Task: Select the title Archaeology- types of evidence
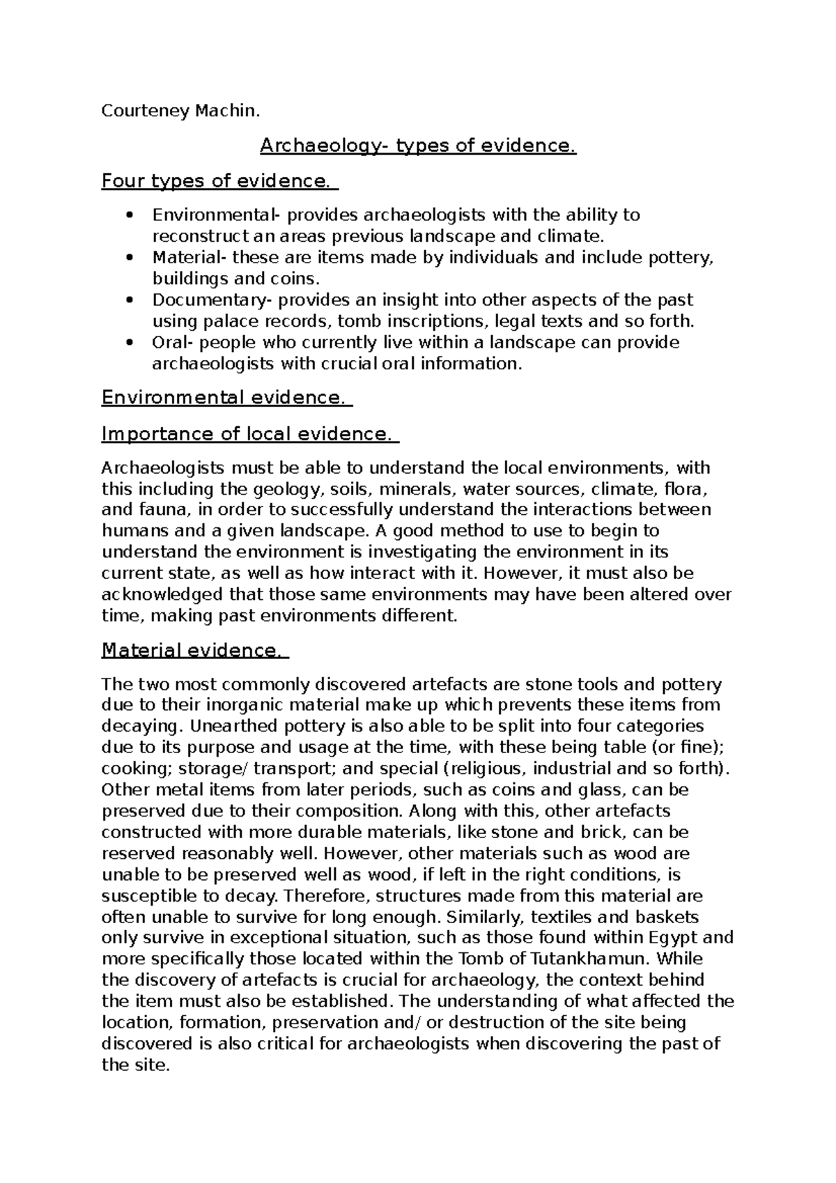[418, 146]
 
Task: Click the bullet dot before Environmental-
[130, 215]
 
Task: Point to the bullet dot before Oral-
[130, 343]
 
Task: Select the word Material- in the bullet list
[189, 258]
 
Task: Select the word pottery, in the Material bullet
[682, 258]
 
